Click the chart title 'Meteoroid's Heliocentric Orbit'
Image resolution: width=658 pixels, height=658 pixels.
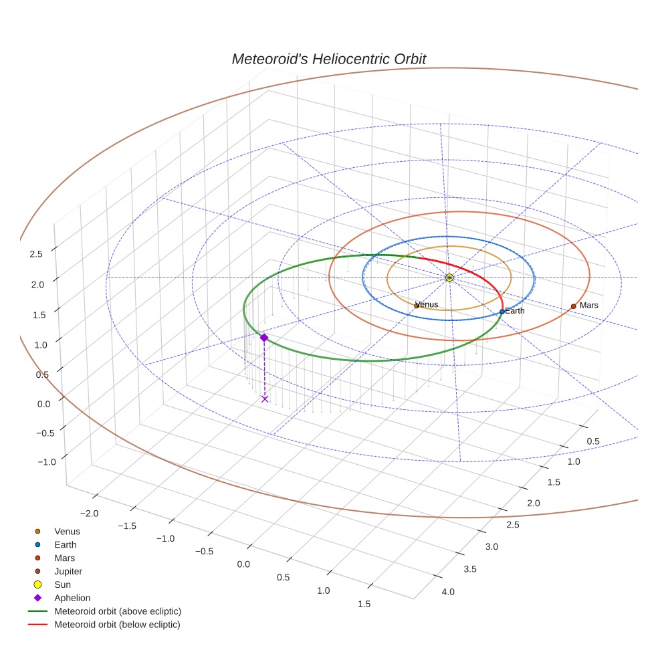tap(328, 59)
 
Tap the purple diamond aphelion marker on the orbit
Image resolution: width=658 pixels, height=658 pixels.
tap(264, 338)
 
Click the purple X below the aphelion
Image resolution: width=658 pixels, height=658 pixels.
tap(265, 399)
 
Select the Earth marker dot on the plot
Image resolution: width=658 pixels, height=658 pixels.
tap(502, 312)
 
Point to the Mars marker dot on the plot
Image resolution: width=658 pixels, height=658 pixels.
tap(573, 306)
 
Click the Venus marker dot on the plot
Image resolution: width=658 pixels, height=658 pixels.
tap(417, 306)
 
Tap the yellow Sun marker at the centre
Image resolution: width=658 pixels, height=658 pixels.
tap(449, 278)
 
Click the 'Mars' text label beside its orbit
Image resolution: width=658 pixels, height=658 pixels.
tap(588, 305)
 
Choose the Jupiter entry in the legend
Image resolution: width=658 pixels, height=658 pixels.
tap(68, 571)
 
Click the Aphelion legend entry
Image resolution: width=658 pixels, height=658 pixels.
tap(72, 598)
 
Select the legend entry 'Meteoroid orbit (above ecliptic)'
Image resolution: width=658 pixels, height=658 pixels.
tap(118, 611)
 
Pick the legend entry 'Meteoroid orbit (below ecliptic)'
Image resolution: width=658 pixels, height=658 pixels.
tap(117, 625)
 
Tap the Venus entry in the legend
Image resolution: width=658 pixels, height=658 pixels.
tap(67, 531)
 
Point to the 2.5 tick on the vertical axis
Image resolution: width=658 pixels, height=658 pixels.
tap(36, 253)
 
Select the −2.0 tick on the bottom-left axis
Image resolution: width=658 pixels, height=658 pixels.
tap(90, 513)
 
